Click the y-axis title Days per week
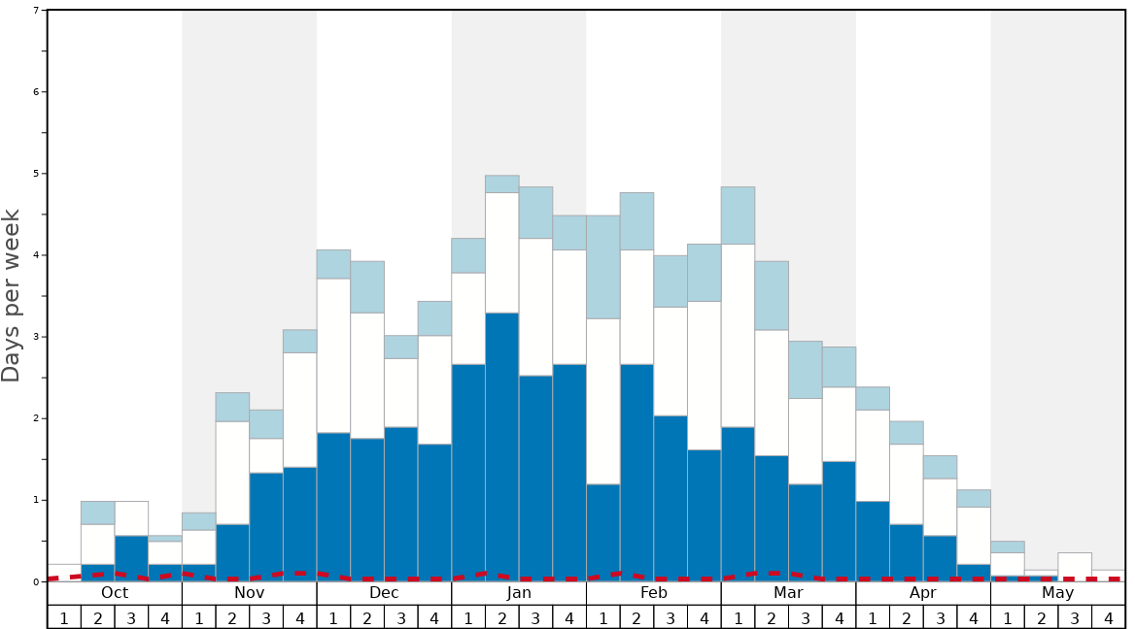tap(12, 295)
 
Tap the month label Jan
tap(519, 593)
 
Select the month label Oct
tap(115, 593)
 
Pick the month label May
tap(1057, 593)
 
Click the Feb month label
tap(654, 593)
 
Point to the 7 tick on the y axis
tap(36, 11)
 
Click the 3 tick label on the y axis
tap(36, 337)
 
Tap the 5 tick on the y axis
tap(36, 174)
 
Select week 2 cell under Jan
tap(502, 617)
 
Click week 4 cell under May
tap(1108, 617)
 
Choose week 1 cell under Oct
tap(64, 617)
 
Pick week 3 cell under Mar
tap(806, 617)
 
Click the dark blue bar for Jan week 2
tap(502, 447)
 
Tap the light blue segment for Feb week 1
tap(603, 267)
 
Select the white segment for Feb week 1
tap(603, 401)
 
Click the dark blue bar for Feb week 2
tap(636, 472)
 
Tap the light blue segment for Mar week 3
tap(806, 370)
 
